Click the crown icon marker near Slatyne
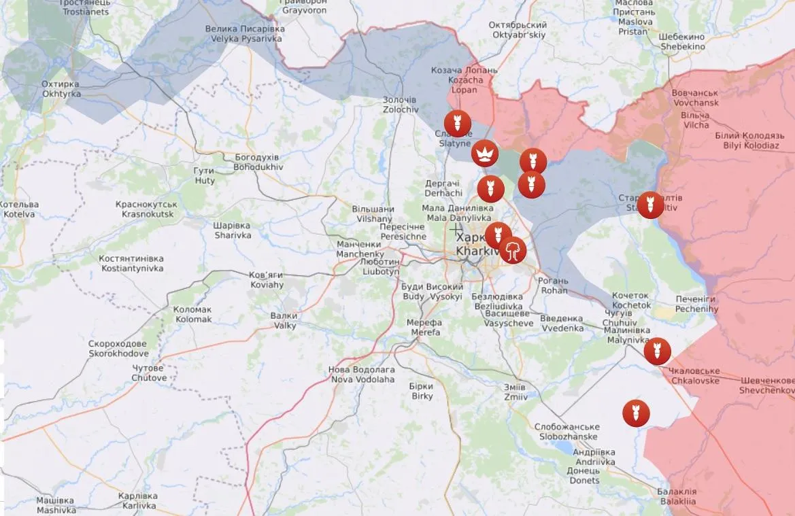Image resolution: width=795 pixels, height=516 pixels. point(484,154)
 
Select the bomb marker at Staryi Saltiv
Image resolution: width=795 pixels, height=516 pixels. point(650,205)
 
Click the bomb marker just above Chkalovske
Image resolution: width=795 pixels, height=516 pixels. point(657,351)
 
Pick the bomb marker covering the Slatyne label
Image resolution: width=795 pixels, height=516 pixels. point(457,124)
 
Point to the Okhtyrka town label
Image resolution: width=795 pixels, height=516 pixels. point(61,88)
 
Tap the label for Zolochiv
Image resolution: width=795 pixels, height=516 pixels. point(400,104)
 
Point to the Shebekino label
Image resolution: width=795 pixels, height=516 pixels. point(682,41)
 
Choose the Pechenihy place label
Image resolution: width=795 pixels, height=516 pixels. point(696,304)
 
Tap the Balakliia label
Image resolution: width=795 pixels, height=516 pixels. point(677,496)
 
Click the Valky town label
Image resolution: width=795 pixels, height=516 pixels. point(284,320)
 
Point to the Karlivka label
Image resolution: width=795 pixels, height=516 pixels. point(137,501)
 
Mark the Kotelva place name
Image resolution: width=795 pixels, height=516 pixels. point(18,209)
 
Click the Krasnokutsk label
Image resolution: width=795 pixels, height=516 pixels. point(147,209)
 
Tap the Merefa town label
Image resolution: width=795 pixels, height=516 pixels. point(424,327)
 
